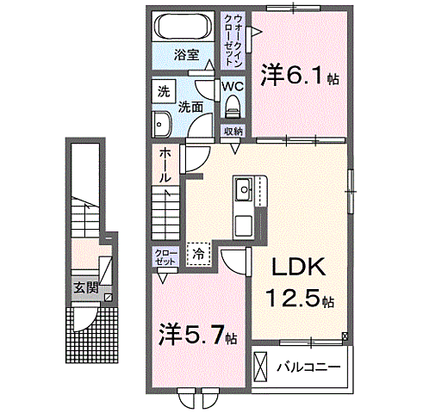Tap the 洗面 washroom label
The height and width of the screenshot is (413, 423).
point(190,107)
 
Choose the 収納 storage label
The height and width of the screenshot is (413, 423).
point(233,131)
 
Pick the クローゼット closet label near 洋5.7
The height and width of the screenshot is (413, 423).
point(164,256)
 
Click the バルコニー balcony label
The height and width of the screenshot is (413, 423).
point(308,367)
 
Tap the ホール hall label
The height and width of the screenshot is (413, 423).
point(164,163)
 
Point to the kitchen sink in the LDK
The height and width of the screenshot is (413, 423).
point(243,186)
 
